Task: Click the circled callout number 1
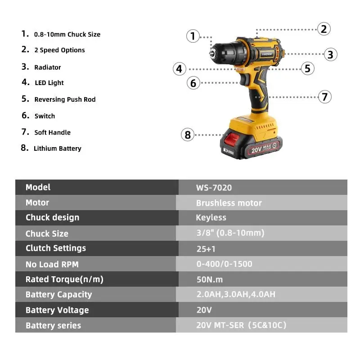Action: pos(193,36)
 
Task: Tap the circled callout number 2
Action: pos(324,29)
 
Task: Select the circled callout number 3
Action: pos(330,55)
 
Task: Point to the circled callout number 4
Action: pos(180,69)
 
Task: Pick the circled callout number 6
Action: pos(193,83)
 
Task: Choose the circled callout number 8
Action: pos(188,135)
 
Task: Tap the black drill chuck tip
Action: pos(212,53)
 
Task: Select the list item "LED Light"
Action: pos(49,83)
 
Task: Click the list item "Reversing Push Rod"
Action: pos(65,99)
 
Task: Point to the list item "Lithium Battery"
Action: pos(57,148)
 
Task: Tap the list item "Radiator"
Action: pos(47,67)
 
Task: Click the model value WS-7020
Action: pos(214,188)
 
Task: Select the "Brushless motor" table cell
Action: pos(229,203)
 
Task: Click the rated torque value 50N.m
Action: pos(209,279)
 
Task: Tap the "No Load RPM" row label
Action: pos(52,264)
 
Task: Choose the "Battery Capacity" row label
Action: pos(58,295)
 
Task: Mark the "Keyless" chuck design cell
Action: pos(211,218)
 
